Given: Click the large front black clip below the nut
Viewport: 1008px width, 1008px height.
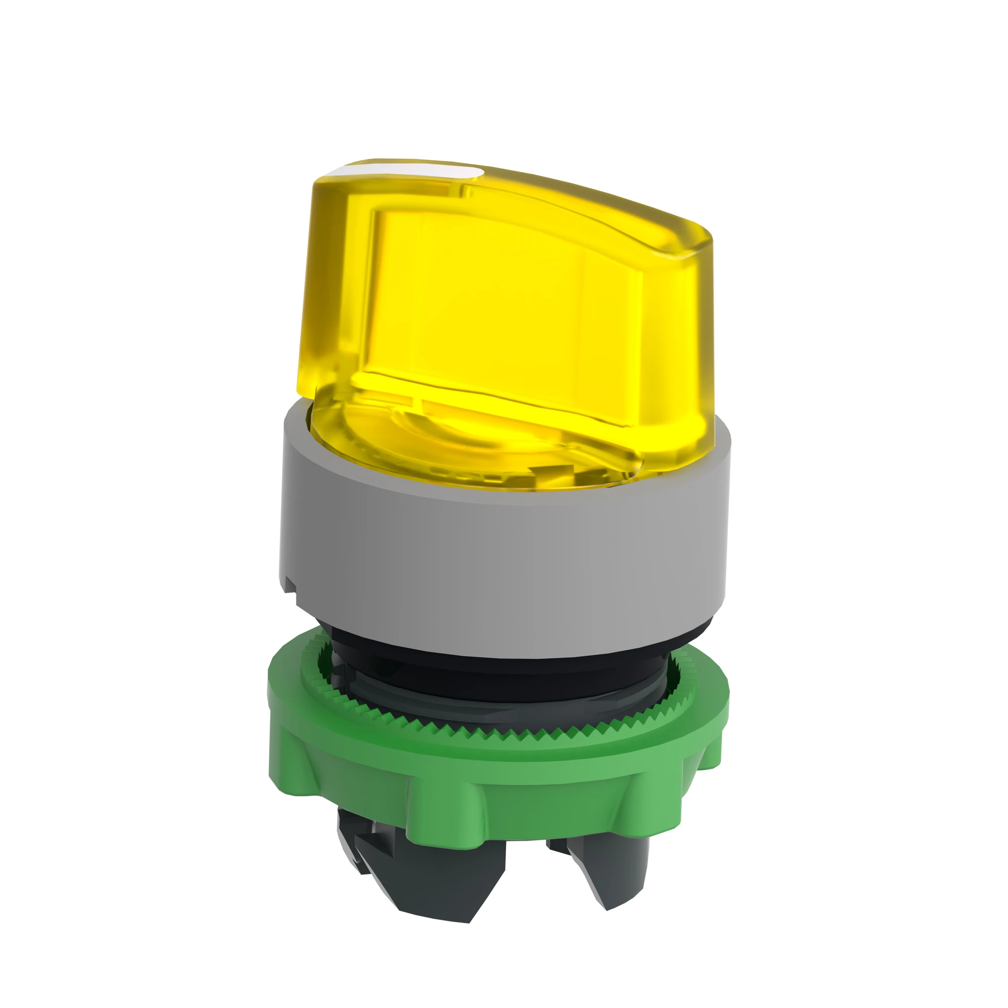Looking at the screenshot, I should coord(449,876).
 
